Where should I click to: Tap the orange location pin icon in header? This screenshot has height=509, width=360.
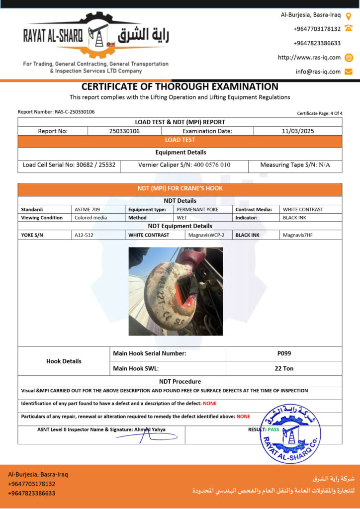pyautogui.click(x=349, y=15)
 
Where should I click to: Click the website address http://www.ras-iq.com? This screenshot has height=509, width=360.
pyautogui.click(x=309, y=57)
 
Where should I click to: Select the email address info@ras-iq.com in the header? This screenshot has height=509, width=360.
pyautogui.click(x=318, y=72)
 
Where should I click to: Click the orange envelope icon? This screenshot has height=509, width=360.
pyautogui.click(x=349, y=72)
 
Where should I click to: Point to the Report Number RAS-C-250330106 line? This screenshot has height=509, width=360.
pyautogui.click(x=56, y=112)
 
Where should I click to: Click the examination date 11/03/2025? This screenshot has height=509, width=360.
pyautogui.click(x=297, y=131)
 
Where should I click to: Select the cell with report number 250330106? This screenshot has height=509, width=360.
pyautogui.click(x=124, y=131)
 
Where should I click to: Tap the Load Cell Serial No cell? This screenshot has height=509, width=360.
pyautogui.click(x=69, y=165)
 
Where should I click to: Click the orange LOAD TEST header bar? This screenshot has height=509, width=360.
pyautogui.click(x=180, y=140)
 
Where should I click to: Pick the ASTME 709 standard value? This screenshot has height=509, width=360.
pyautogui.click(x=87, y=209)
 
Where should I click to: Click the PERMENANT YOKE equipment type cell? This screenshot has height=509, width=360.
pyautogui.click(x=198, y=209)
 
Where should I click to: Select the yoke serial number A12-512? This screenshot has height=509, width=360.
pyautogui.click(x=84, y=235)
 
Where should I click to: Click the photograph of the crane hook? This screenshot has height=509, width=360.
pyautogui.click(x=176, y=291)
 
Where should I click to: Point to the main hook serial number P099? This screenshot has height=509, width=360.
pyautogui.click(x=284, y=353)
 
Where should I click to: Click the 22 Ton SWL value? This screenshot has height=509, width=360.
pyautogui.click(x=284, y=368)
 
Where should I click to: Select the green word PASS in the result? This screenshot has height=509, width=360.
pyautogui.click(x=273, y=429)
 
